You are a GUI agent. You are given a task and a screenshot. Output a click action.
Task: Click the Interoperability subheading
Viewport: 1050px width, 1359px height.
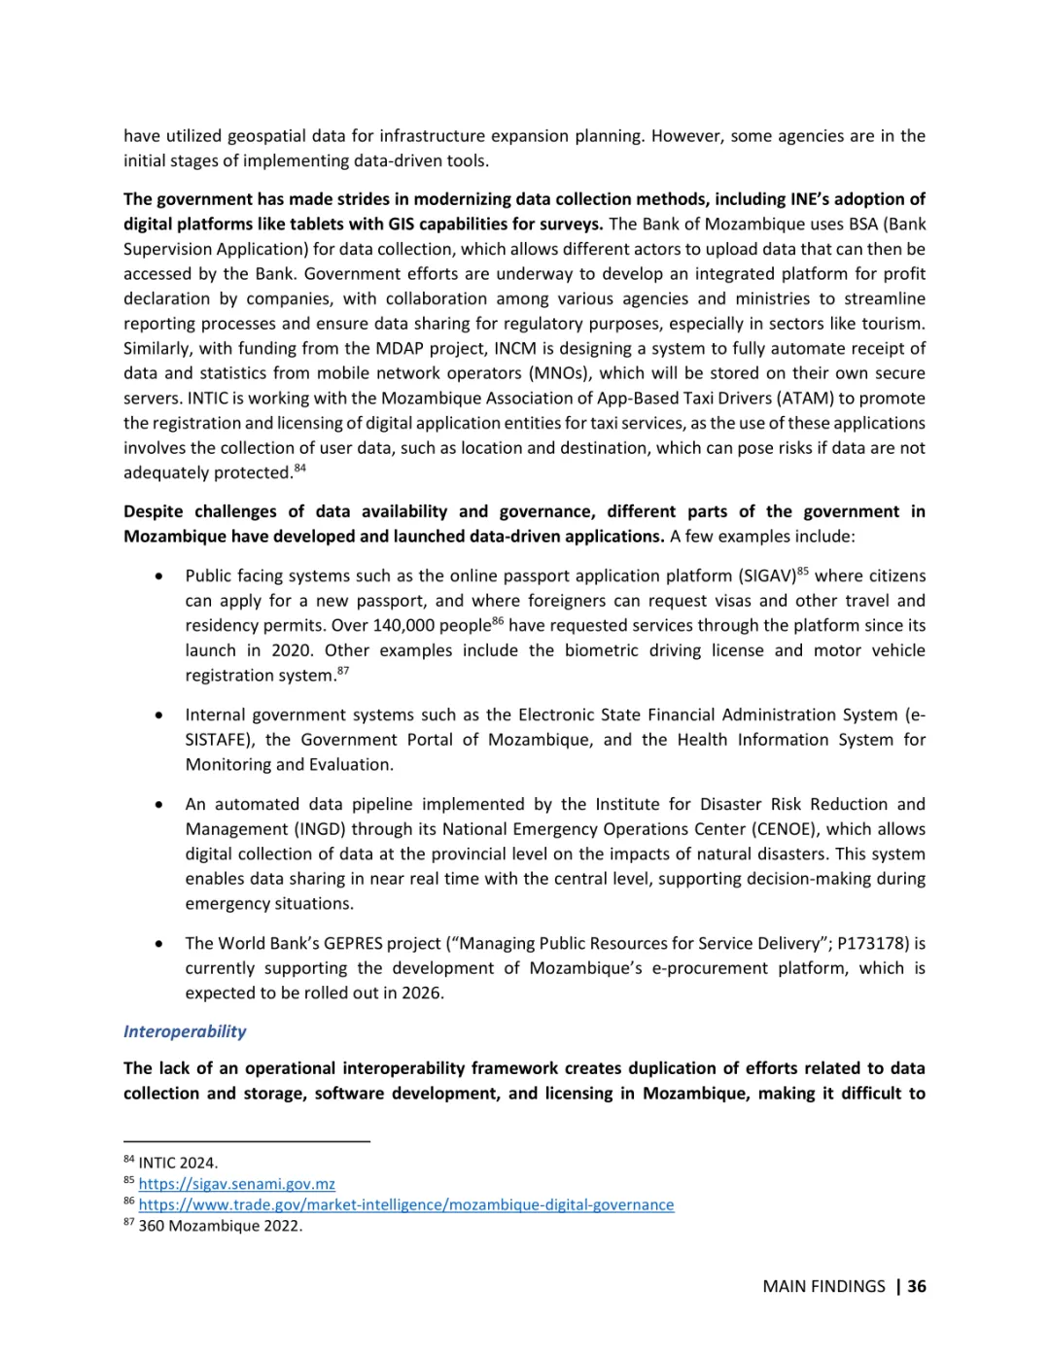click(185, 1031)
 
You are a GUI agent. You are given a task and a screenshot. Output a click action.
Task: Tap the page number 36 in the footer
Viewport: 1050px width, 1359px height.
click(917, 1286)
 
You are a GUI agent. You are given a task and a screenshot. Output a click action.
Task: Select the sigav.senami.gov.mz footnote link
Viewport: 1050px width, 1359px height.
click(236, 1184)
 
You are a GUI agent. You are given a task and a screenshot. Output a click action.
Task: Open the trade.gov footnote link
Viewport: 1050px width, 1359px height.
click(405, 1204)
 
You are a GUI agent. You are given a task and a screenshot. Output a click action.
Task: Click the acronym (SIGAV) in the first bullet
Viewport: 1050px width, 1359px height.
click(768, 576)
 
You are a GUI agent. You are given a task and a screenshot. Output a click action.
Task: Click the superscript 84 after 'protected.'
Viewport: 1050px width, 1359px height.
click(300, 469)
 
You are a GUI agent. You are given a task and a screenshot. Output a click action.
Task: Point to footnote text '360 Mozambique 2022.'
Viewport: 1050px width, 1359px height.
click(220, 1226)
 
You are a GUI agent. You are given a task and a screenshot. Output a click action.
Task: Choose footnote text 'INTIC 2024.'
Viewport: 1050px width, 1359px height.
click(178, 1163)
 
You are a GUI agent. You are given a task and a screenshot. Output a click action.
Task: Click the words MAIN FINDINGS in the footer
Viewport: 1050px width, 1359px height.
click(823, 1286)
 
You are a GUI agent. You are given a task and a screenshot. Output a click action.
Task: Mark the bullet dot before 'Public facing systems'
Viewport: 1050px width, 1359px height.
click(158, 576)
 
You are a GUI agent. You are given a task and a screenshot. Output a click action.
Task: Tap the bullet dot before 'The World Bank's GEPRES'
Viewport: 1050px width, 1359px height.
click(158, 944)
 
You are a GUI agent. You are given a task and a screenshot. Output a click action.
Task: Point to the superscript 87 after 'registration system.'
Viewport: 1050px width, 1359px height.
click(343, 672)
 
